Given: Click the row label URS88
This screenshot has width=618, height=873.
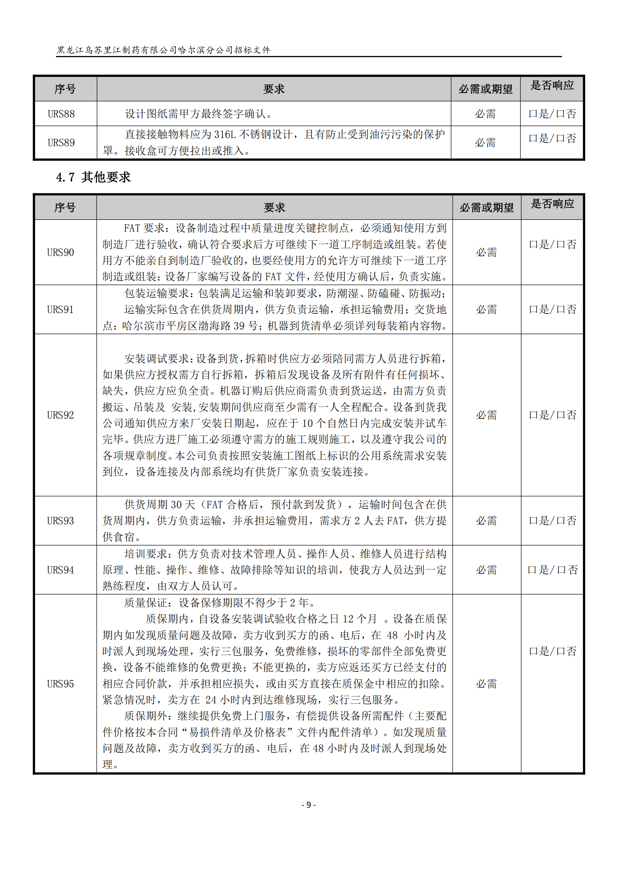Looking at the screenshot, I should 61,114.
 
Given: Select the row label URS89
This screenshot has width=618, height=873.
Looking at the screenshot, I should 61,143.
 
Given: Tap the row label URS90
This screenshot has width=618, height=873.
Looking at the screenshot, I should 61,252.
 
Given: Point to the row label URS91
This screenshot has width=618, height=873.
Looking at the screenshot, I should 61,309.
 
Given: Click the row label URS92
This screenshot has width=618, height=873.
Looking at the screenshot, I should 61,415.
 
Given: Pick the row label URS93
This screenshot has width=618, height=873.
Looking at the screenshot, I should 61,521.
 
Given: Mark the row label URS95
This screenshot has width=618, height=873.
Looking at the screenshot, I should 61,684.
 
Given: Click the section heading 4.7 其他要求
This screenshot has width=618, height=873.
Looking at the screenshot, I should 93,177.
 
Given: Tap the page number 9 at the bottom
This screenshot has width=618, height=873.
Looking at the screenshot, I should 309,805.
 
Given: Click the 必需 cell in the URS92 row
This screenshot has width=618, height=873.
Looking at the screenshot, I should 486,415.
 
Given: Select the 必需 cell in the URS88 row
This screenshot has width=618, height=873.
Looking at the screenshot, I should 485,114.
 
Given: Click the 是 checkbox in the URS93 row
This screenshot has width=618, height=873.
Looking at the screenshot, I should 532,521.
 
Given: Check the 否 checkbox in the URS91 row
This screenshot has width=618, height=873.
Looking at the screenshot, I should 560,309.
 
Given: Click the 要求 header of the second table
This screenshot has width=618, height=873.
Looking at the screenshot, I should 274,208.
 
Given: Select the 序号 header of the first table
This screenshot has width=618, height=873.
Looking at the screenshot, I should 65,89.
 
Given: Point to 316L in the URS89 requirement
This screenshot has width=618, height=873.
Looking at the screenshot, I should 225,135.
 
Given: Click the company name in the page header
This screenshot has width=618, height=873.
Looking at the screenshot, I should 164,50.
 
